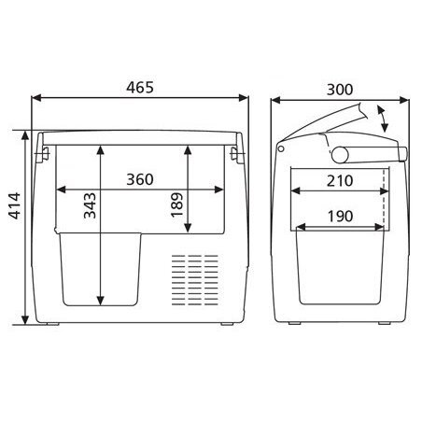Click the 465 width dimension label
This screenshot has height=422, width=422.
140,88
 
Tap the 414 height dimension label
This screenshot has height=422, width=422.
14,205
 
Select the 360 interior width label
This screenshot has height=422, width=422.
140,179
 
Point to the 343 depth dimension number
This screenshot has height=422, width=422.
90,205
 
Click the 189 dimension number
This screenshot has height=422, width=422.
176,204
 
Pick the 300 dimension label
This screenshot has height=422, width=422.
340,90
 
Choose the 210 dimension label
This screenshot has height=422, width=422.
340,181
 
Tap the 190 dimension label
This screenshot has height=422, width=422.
340,217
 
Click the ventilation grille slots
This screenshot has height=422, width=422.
195,279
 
